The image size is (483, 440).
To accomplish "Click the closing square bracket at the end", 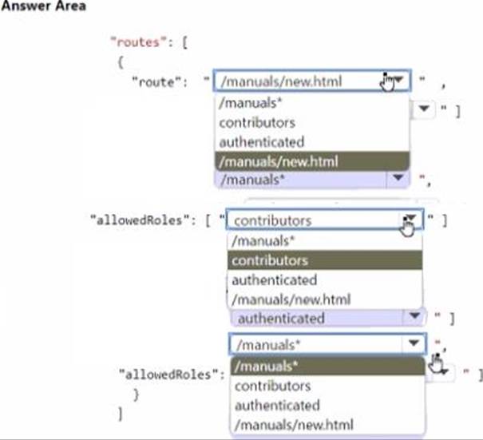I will click(120, 414).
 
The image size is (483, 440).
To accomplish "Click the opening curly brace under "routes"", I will click(120, 61).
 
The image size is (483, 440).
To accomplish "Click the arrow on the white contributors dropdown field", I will click(410, 220).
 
